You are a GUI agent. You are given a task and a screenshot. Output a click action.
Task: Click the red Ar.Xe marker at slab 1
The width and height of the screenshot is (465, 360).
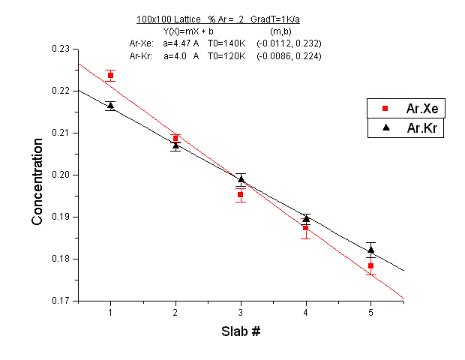pos(110,76)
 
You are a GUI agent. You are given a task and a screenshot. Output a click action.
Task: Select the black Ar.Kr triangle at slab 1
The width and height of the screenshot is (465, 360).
pos(110,105)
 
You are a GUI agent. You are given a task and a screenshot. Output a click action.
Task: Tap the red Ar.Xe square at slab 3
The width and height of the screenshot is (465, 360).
pos(241,194)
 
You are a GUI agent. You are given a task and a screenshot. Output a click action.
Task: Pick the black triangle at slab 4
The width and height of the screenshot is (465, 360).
pos(306,218)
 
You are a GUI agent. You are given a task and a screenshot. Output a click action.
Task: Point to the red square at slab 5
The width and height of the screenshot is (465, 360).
pos(370,265)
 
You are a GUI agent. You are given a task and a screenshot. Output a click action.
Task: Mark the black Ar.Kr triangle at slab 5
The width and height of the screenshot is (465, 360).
pos(370,249)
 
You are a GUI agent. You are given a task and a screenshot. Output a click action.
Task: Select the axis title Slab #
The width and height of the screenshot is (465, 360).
pos(241,331)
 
